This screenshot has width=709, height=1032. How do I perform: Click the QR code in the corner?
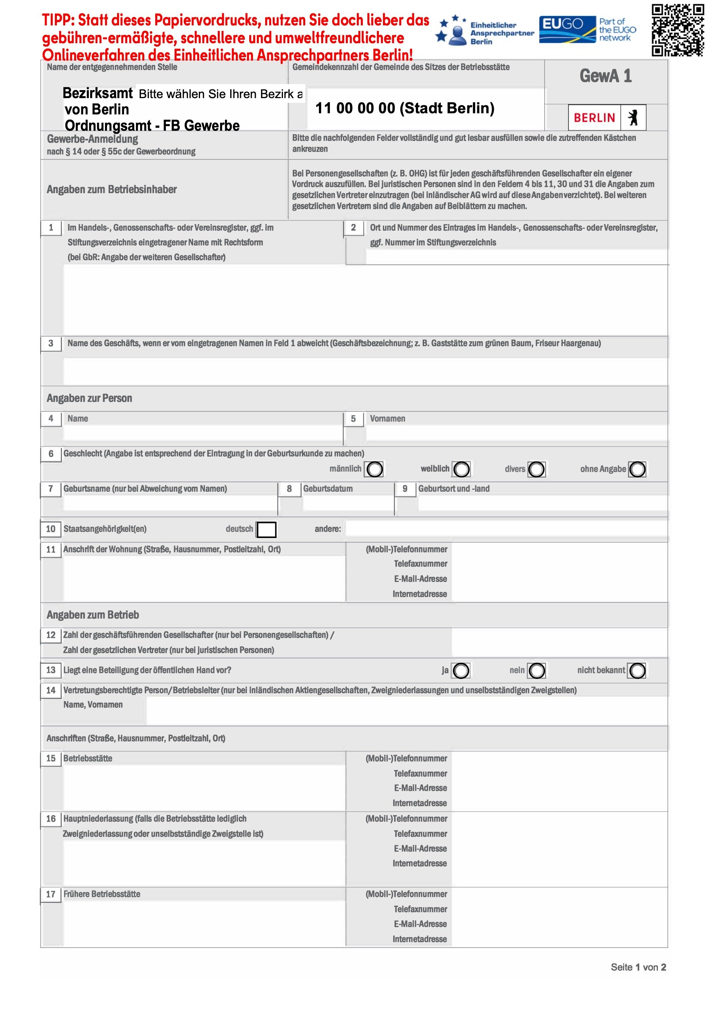coord(678,30)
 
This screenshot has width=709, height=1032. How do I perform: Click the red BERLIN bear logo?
coord(607,118)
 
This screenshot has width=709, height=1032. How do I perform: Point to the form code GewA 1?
coord(606,77)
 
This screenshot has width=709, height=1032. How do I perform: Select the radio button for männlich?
coord(374,469)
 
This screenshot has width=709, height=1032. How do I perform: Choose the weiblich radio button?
coord(461,469)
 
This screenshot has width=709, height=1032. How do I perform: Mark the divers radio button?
coord(536,469)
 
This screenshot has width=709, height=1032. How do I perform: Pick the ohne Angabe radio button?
coord(637,469)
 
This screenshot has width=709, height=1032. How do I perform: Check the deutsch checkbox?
coord(267,529)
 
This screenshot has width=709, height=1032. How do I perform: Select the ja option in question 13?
coord(461,670)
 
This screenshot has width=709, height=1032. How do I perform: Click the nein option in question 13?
coord(537,670)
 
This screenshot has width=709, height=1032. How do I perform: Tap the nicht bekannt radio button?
coord(637,670)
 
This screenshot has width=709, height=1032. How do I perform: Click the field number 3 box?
coord(51,343)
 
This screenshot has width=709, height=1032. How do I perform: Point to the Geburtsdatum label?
coord(328,489)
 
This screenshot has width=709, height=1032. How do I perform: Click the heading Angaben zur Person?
coord(89,398)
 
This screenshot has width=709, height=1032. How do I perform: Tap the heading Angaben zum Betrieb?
coord(93,615)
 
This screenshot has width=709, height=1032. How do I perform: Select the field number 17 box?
coord(51,894)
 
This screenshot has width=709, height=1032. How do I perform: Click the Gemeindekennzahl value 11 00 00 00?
coord(404,108)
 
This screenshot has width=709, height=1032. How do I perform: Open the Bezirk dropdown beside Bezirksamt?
coord(220,94)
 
